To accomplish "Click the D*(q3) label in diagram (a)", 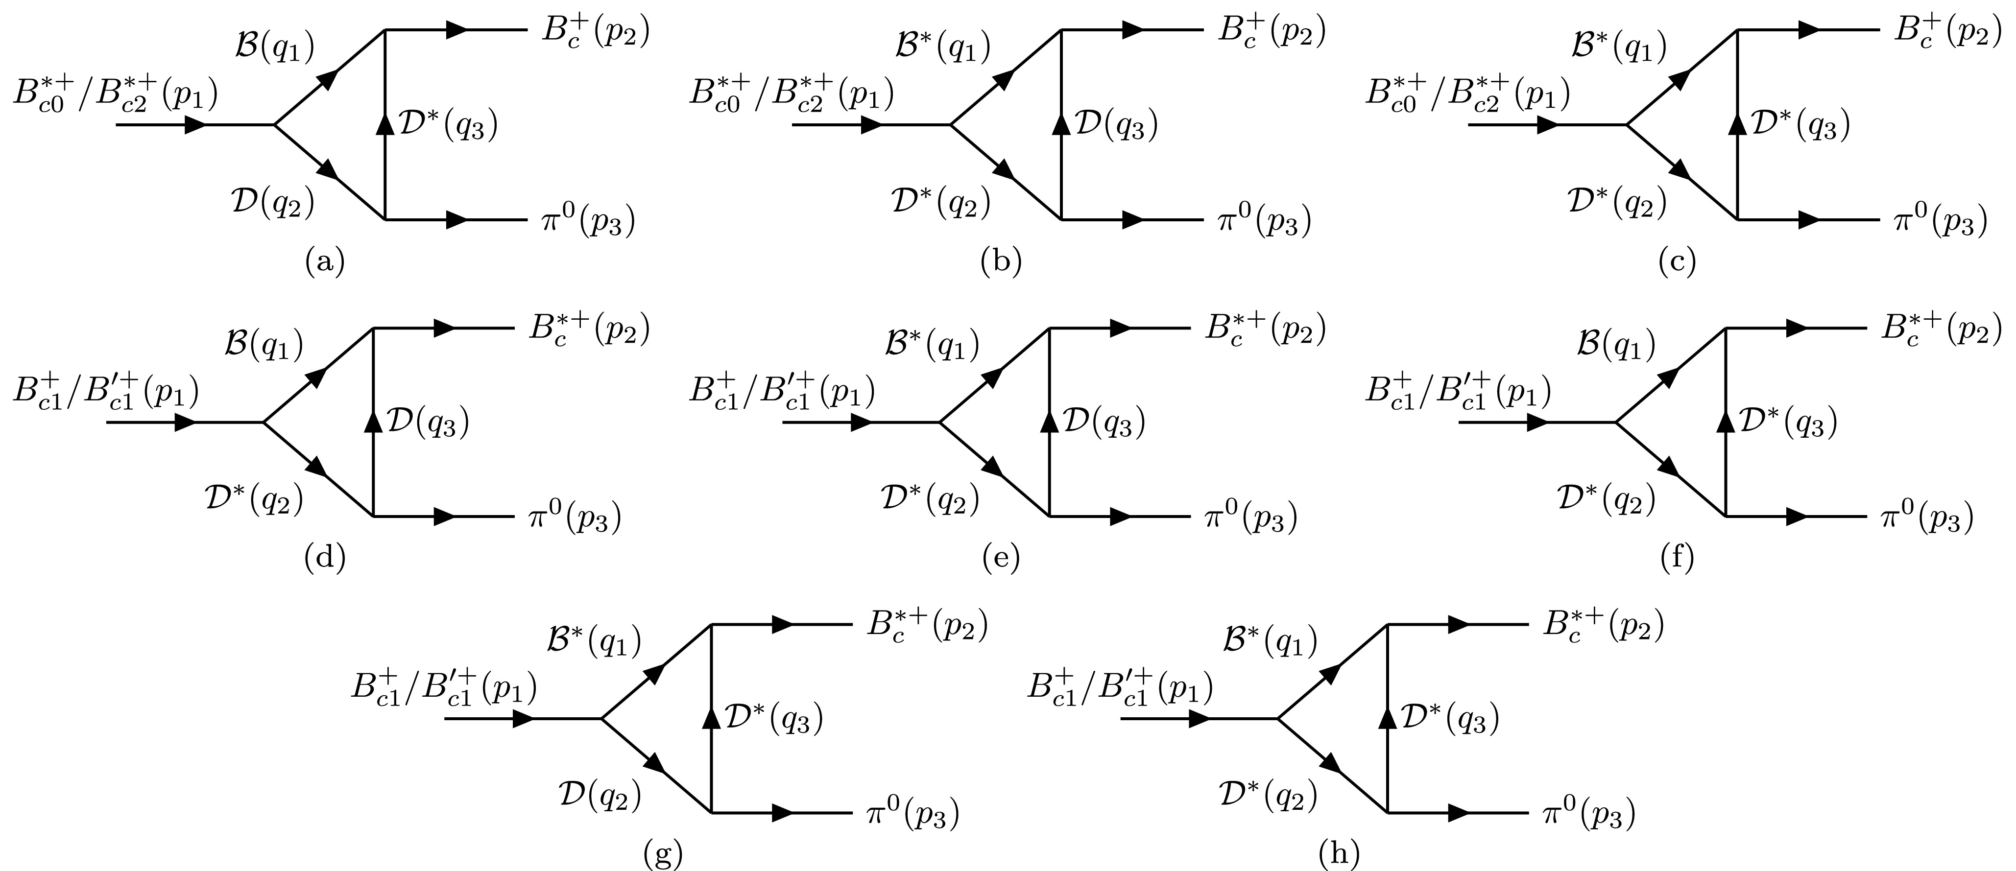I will tap(448, 125).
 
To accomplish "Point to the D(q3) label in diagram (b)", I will tap(1116, 125).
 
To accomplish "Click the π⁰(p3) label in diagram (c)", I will tap(1939, 221).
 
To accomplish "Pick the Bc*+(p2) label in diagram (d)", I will tap(589, 330).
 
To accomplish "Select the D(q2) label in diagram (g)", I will tap(600, 797).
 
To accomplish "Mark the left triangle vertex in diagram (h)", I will tap(1278, 718).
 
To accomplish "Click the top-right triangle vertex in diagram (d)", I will tap(373, 329).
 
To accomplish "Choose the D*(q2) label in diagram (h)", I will tap(1268, 797).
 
